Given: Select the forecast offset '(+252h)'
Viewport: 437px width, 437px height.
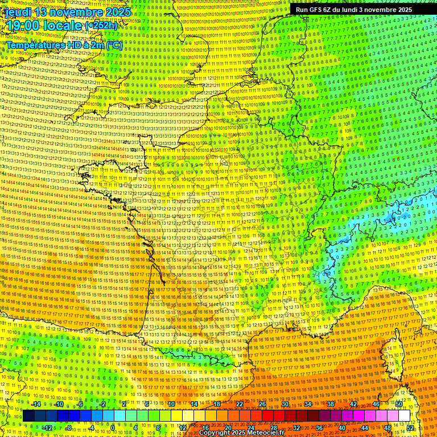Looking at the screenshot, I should pos(101,26).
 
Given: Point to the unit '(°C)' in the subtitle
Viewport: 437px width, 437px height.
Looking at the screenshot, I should pos(113,45).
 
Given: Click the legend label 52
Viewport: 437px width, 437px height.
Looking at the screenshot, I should pos(410,427).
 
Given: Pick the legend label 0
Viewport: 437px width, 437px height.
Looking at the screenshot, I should pos(113,427).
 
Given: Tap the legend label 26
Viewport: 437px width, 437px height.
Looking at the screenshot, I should pos(262,404).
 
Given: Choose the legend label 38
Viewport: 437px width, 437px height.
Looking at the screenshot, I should pos(330,404).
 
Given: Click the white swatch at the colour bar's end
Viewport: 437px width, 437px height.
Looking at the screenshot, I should pos(404,416).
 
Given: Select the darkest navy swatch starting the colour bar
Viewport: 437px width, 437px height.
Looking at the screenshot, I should pos(28,416).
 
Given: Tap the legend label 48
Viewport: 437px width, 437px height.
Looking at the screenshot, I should pos(387,427).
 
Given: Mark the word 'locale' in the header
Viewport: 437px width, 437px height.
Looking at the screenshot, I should pos(64,26).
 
